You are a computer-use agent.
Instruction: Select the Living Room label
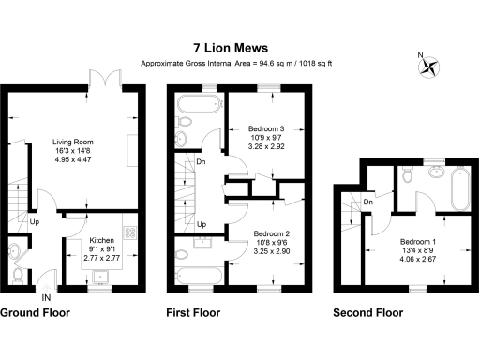(73, 142)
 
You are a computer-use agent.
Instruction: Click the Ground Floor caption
(38, 312)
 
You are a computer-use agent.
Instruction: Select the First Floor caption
(192, 312)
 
